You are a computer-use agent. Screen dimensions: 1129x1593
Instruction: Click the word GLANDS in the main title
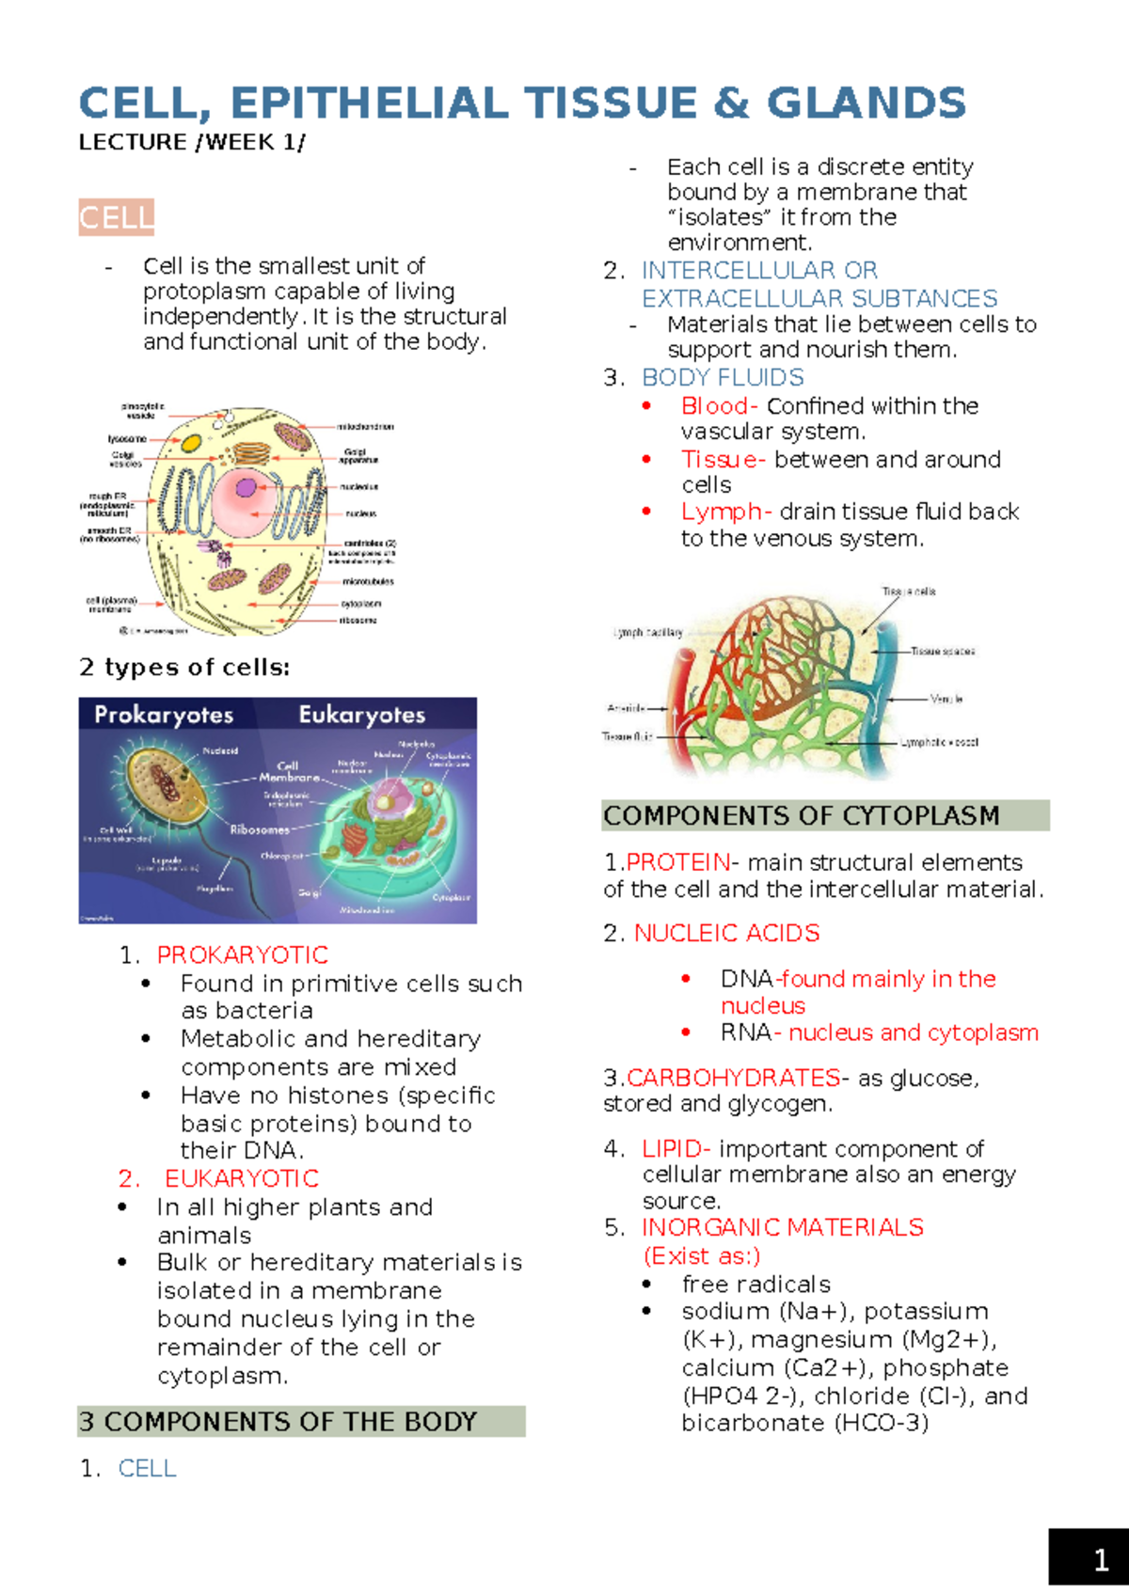866,103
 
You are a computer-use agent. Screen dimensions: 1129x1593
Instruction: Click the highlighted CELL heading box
116,218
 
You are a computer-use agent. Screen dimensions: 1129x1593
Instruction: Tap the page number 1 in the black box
1100,1561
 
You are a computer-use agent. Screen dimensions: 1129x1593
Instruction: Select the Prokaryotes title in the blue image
164,715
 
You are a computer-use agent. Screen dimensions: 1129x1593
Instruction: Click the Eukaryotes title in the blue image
362,715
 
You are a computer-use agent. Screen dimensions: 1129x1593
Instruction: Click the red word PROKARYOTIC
243,955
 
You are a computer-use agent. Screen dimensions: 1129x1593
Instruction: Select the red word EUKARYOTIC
242,1178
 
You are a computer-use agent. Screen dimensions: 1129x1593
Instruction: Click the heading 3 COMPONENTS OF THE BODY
278,1422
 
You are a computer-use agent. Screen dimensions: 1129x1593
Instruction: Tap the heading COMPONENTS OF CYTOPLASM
802,815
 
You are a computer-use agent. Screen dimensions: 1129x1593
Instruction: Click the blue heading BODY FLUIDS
723,378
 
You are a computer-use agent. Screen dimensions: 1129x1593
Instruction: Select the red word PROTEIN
678,862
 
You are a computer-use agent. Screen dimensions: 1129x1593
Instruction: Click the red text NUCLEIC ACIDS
726,933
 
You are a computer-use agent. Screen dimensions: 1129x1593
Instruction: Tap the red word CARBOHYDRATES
734,1078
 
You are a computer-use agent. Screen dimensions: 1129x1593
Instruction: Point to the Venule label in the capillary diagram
946,699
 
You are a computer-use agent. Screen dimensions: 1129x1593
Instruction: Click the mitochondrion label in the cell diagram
366,427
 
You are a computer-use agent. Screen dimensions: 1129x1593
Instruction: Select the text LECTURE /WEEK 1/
191,142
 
